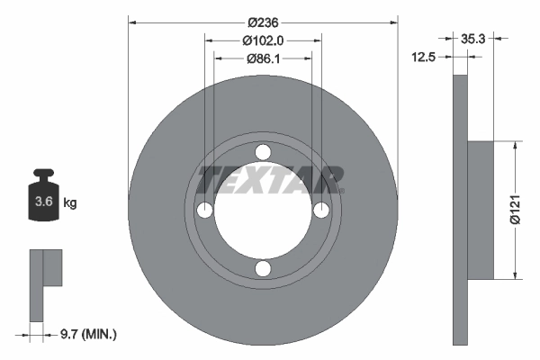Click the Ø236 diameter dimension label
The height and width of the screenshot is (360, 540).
[263, 22]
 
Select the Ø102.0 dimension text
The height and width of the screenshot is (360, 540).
[263, 40]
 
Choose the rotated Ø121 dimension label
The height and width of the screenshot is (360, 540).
[516, 209]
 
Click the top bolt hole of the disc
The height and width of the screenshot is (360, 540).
[263, 151]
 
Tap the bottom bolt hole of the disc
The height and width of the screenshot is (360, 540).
[263, 268]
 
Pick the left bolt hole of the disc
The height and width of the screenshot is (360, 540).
[204, 210]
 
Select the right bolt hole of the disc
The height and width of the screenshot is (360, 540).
[321, 210]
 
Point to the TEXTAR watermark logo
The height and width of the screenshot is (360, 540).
[270, 179]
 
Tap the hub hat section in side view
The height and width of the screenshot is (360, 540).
[481, 209]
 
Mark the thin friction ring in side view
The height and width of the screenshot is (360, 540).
[460, 209]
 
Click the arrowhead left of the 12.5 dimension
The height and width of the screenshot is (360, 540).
[447, 57]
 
